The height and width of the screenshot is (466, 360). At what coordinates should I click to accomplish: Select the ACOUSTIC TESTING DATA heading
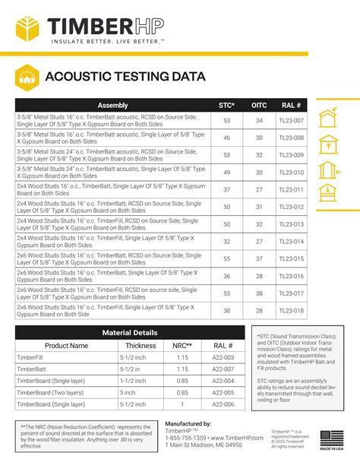tap(125, 76)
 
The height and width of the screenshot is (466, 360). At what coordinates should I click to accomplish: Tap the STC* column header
tap(226, 106)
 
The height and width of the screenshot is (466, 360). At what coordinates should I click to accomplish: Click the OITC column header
tap(258, 106)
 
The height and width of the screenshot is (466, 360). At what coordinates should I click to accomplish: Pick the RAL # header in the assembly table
tap(292, 106)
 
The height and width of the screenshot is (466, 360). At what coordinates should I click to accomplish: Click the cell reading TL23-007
tap(292, 121)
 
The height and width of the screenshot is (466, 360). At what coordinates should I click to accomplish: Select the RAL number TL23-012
tap(292, 207)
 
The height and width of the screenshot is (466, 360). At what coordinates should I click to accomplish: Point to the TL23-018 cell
tap(292, 310)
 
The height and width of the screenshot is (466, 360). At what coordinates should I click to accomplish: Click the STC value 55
tap(226, 258)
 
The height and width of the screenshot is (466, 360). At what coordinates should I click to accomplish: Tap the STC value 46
tap(226, 138)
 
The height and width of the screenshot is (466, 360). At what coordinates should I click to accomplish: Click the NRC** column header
tap(182, 345)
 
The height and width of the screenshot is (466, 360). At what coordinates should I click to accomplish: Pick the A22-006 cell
tap(223, 405)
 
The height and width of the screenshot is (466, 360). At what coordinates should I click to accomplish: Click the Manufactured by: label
tap(188, 423)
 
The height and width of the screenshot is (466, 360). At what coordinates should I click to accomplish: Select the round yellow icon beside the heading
tap(27, 77)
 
